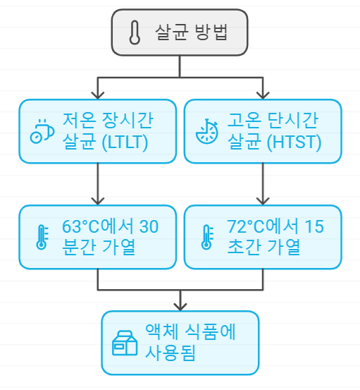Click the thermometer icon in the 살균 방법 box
(135, 32)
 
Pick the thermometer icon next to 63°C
(42, 237)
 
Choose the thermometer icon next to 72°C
(206, 237)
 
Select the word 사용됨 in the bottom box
(170, 353)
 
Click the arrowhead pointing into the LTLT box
(97, 94)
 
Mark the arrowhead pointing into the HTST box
(263, 94)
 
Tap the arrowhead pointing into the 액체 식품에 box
(180, 305)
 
